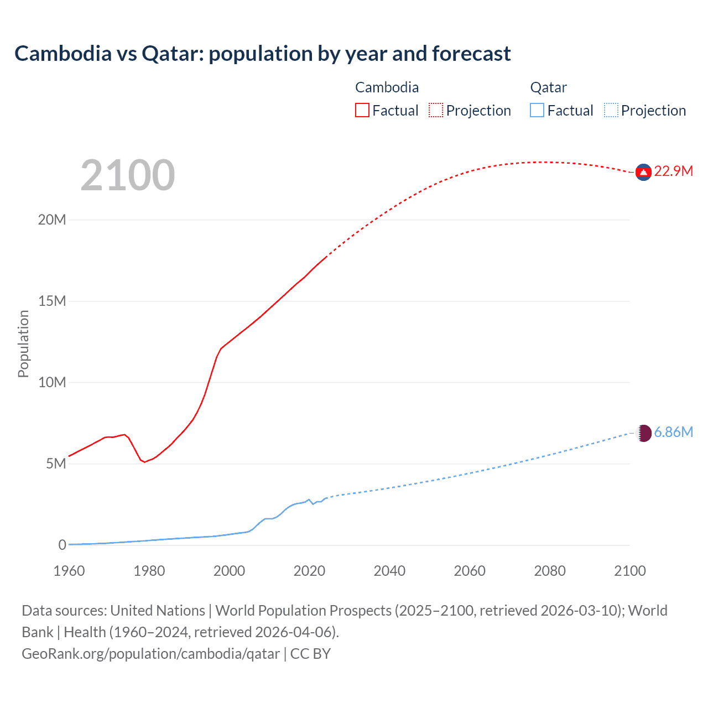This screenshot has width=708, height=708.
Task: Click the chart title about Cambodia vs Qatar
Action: click(262, 54)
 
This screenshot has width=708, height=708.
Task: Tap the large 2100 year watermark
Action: click(128, 175)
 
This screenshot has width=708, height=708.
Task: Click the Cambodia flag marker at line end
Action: click(643, 173)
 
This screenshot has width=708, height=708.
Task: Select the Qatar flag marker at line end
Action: click(643, 433)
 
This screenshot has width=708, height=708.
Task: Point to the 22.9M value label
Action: click(673, 171)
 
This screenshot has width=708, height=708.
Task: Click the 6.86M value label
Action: click(673, 433)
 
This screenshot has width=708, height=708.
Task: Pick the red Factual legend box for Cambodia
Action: click(362, 111)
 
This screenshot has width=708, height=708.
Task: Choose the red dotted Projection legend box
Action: click(436, 111)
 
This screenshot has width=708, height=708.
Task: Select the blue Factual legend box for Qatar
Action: click(537, 111)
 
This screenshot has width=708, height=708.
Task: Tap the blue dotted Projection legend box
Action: click(611, 111)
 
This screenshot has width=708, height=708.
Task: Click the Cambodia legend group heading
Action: click(387, 87)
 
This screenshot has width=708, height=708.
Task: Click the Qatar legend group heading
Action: click(548, 87)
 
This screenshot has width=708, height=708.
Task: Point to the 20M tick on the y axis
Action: click(52, 220)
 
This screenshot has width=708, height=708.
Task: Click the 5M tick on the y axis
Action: click(55, 464)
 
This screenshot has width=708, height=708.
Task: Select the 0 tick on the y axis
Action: click(62, 545)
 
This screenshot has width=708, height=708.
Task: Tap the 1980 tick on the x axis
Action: click(149, 571)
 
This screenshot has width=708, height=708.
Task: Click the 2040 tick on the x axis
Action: click(389, 571)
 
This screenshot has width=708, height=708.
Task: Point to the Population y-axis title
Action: click(23, 343)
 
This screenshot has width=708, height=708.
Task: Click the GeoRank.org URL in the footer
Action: click(150, 654)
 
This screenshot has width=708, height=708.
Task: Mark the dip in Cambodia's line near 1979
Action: click(145, 462)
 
